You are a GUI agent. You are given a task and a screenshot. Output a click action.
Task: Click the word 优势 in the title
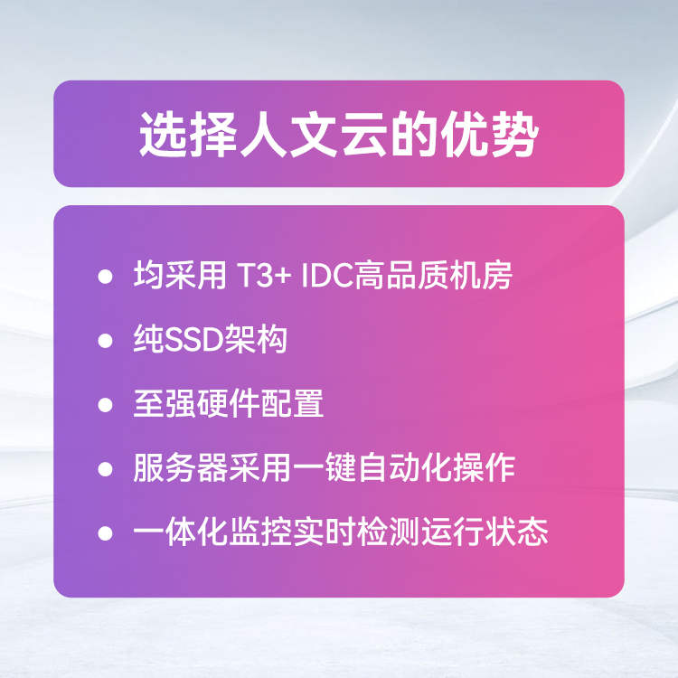click(490, 134)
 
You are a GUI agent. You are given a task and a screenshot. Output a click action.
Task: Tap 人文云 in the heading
click(314, 134)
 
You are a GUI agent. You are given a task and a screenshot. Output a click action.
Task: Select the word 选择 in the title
click(189, 134)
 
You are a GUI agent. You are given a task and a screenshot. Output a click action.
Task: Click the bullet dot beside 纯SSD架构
click(105, 340)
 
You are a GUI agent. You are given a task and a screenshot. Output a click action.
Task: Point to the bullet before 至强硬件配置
click(105, 405)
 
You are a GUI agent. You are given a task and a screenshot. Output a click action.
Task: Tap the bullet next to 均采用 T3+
click(105, 276)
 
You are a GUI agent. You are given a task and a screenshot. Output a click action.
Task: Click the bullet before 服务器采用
click(105, 468)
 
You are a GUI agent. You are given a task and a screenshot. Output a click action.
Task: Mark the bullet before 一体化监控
click(105, 533)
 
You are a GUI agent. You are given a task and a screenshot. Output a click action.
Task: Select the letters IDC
click(327, 275)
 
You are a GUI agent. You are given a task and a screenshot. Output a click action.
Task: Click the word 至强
click(165, 403)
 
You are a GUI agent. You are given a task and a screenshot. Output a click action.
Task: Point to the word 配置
click(292, 403)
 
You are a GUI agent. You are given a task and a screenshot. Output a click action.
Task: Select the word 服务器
click(180, 468)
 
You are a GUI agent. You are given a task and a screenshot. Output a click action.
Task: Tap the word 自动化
click(405, 468)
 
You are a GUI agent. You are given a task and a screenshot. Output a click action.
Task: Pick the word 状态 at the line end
click(516, 532)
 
